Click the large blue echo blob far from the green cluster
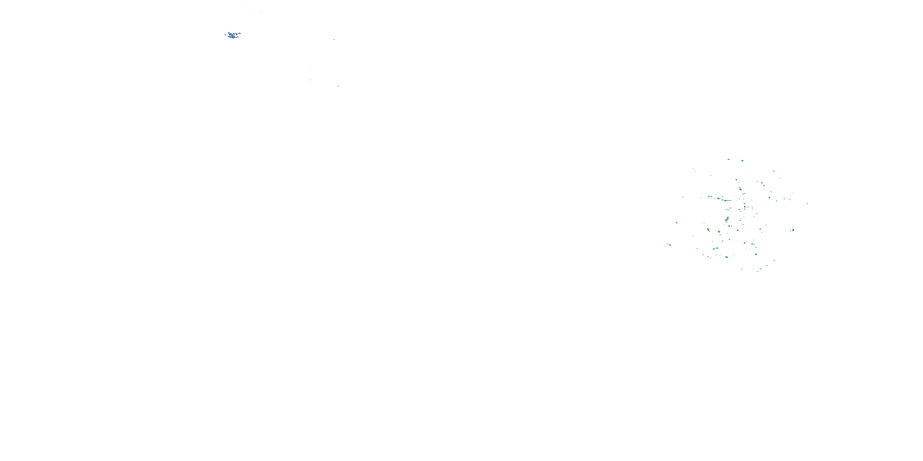233,35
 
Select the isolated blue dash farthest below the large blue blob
338,86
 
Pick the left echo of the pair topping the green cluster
729,160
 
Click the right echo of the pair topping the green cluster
742,161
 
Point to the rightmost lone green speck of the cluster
807,203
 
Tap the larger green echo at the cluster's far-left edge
669,245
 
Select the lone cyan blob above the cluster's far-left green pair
677,222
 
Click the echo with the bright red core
727,219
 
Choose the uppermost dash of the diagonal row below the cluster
774,260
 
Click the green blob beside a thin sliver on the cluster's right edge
793,230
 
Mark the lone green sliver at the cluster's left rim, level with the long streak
683,196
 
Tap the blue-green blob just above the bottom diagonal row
756,254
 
